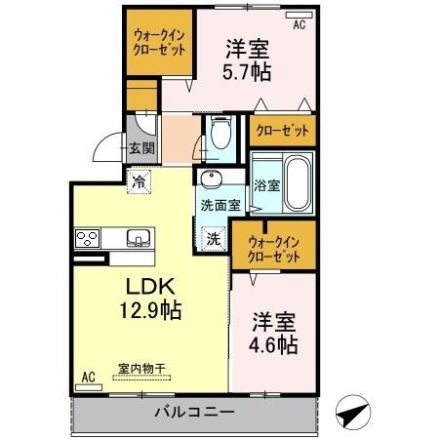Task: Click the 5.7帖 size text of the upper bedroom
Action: click(x=249, y=71)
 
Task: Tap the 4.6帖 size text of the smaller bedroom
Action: click(x=275, y=345)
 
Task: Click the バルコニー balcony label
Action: click(x=194, y=413)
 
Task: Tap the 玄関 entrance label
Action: click(x=140, y=149)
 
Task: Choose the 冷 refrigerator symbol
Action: click(x=140, y=181)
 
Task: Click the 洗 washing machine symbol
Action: click(x=212, y=237)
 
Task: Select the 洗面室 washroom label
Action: click(x=220, y=206)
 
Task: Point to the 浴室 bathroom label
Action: click(x=264, y=182)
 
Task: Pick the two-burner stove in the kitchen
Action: click(x=87, y=237)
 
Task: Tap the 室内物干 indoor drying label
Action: click(x=141, y=368)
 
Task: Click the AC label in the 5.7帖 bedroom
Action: click(x=299, y=25)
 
